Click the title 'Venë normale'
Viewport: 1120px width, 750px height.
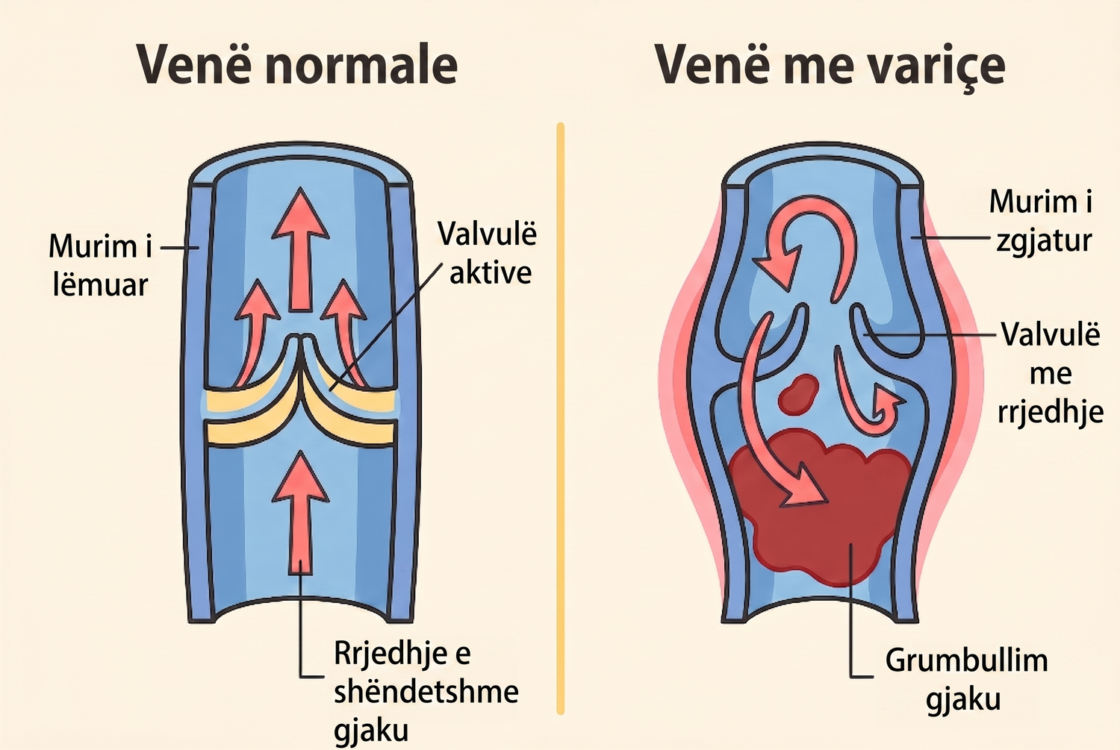(x=297, y=66)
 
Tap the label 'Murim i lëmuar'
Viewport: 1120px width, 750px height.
(x=100, y=266)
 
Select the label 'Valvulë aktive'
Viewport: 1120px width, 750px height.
(x=487, y=253)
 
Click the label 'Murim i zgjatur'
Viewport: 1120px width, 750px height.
(x=1041, y=221)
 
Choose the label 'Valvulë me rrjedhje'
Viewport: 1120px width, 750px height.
(x=1051, y=373)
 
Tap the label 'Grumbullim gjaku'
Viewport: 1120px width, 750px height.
(x=966, y=678)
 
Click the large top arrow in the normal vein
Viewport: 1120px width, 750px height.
(x=300, y=250)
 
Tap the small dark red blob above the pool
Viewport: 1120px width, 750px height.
(x=798, y=394)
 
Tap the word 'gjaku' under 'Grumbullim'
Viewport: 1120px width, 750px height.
(x=963, y=699)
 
